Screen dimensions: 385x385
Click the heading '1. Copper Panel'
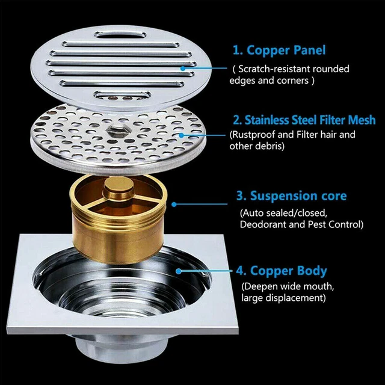279,51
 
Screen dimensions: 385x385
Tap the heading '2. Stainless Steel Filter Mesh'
304,120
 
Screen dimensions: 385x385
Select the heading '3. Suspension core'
291,196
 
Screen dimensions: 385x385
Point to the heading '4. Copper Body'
282,271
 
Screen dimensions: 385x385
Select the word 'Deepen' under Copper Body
260,286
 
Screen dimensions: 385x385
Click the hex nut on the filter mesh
117,130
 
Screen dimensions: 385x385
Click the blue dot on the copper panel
183,68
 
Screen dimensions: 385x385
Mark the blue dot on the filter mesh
181,135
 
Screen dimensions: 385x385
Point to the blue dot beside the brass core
174,204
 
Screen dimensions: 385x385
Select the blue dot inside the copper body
179,271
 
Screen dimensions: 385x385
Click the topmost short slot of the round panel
120,35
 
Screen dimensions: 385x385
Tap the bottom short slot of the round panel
122,95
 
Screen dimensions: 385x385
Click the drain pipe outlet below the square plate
122,348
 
